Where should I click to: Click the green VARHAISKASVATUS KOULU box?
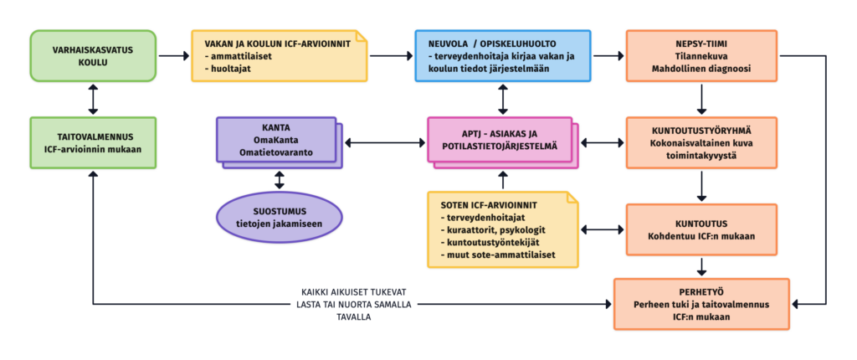coord(93,56)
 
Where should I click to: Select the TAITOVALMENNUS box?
coord(93,142)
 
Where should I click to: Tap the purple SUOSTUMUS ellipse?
coord(280,218)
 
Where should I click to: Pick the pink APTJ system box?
coord(502,143)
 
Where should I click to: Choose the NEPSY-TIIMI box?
coord(701,56)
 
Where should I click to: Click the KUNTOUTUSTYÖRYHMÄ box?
coord(701,142)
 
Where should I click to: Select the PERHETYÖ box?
coord(701,304)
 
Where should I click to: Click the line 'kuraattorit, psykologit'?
coord(495,229)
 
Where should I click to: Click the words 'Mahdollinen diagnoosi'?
coord(701,69)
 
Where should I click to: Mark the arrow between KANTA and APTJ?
coord(385,143)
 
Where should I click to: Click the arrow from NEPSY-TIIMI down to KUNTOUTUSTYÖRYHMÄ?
coord(701,99)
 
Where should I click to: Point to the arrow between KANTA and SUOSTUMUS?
coord(280,180)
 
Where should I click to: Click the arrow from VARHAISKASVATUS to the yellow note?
coord(174,56)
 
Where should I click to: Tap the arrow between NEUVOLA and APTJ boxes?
coord(502,99)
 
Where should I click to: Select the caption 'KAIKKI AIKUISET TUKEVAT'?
coord(354,292)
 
